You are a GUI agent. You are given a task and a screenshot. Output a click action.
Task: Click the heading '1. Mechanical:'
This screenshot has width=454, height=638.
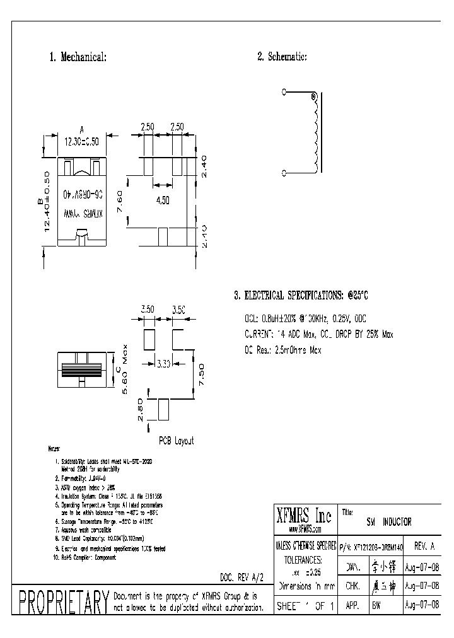pyautogui.click(x=78, y=57)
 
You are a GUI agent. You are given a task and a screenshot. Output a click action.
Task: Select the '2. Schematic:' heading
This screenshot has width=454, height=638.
pyautogui.click(x=282, y=57)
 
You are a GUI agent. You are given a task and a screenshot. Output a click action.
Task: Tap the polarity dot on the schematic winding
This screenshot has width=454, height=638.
pyautogui.click(x=313, y=96)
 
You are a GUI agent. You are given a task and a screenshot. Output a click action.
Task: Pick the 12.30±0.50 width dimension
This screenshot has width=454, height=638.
pyautogui.click(x=82, y=142)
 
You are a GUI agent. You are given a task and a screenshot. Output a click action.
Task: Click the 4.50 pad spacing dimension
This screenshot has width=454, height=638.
pyautogui.click(x=163, y=200)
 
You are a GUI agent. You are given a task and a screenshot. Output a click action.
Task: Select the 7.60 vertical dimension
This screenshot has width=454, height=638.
pyautogui.click(x=120, y=202)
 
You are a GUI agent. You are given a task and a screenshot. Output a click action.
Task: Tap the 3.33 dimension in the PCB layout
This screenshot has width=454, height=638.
pyautogui.click(x=163, y=363)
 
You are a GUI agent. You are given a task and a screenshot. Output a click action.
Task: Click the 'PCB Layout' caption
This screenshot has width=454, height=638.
pyautogui.click(x=175, y=441)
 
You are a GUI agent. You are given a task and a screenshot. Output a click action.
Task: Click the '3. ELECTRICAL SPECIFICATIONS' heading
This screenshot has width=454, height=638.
pyautogui.click(x=300, y=295)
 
